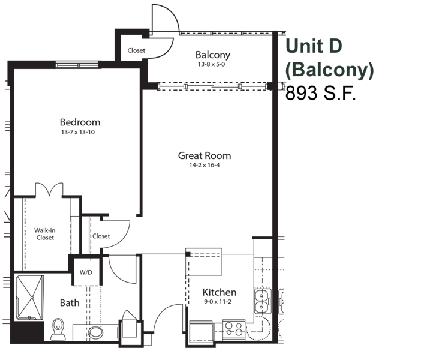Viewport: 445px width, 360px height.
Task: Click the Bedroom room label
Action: [80, 122]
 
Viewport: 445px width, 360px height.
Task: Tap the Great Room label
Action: [205, 155]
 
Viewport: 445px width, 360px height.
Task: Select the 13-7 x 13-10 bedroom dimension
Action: [78, 132]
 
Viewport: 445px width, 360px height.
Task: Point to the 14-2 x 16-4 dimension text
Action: [205, 165]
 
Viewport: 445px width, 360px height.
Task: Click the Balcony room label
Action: [213, 55]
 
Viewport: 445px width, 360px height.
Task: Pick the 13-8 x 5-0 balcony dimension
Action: [212, 64]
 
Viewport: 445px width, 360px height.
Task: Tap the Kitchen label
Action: [220, 292]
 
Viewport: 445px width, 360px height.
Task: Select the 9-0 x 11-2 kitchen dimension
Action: [218, 302]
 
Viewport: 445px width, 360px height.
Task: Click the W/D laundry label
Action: [86, 272]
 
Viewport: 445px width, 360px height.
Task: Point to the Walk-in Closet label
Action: [45, 234]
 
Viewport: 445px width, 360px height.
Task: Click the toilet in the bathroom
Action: [58, 329]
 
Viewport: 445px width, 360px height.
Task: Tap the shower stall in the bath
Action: [29, 297]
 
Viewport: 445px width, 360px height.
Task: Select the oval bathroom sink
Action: [95, 332]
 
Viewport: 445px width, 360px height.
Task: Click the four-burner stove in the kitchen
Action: [234, 329]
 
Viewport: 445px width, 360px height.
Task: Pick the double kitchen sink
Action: [263, 301]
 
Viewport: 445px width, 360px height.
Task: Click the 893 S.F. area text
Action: [321, 93]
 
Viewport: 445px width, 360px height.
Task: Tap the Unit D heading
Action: [314, 46]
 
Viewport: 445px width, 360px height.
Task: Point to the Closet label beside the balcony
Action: [136, 50]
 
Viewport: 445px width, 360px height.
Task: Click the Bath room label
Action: [70, 303]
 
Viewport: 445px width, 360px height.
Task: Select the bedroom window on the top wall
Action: [77, 65]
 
